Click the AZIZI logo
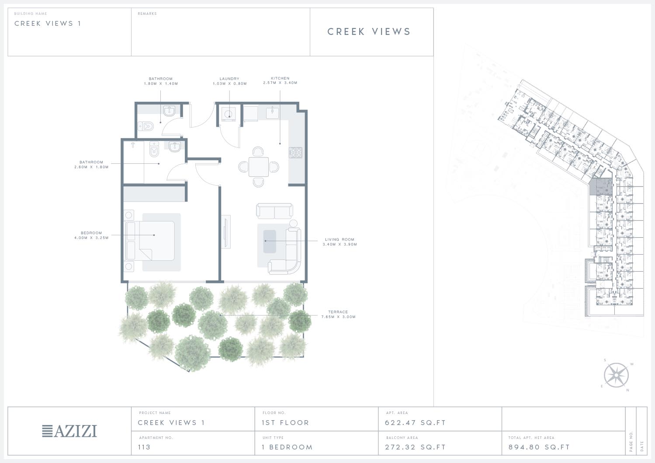[69, 431]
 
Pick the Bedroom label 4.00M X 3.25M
[91, 235]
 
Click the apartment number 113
[144, 447]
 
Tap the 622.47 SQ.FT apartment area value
[415, 423]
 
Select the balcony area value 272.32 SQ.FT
[415, 447]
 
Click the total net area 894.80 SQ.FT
[539, 447]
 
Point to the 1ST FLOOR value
[285, 423]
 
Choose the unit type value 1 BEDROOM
[287, 447]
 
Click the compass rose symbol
[616, 375]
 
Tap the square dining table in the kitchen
[259, 167]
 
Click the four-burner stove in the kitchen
[296, 152]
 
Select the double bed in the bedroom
[150, 241]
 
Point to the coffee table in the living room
[270, 242]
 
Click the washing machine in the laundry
[229, 114]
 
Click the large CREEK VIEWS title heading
[369, 31]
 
